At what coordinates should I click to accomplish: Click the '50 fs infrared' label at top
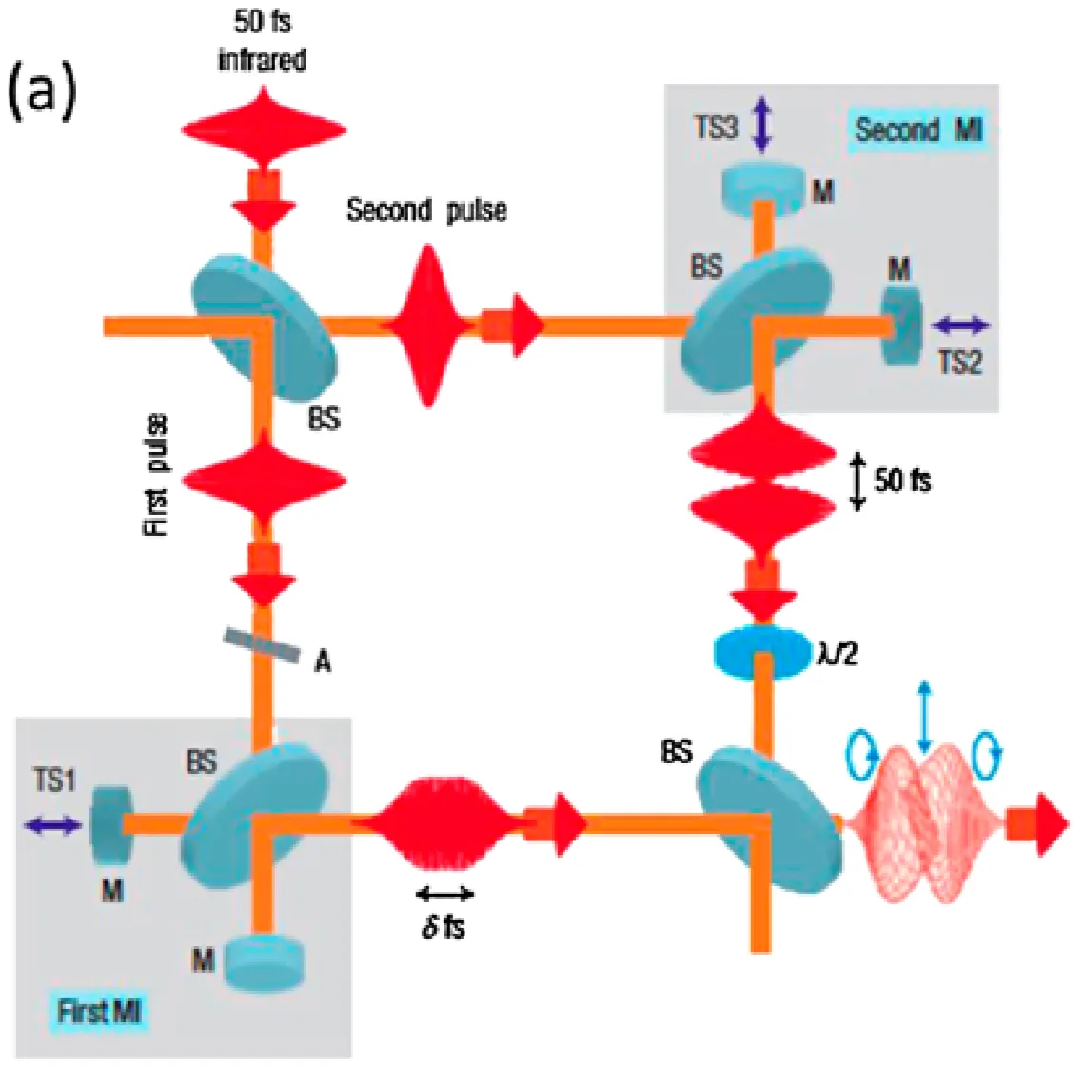[x=262, y=41]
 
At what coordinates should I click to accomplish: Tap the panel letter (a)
[x=42, y=94]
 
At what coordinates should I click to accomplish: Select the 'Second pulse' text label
[x=425, y=209]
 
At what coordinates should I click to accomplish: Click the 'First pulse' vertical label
[x=157, y=474]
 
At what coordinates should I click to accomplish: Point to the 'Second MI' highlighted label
[x=917, y=129]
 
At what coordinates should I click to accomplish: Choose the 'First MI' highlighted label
[x=99, y=1011]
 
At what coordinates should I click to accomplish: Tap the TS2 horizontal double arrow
[x=959, y=326]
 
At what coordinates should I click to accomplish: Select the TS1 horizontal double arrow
[x=53, y=826]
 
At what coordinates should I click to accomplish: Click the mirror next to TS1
[x=108, y=827]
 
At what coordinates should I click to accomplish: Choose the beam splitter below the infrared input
[x=265, y=324]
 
